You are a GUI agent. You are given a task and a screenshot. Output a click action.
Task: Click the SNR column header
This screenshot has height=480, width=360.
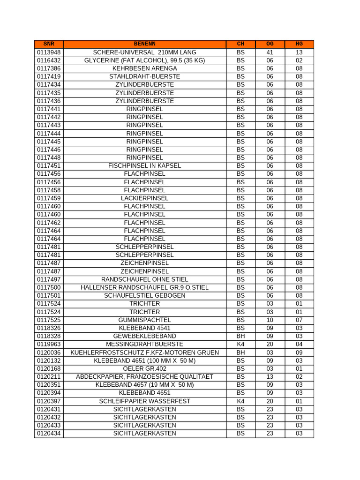click(x=48, y=44)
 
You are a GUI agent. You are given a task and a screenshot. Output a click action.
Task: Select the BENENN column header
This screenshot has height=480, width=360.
click(x=144, y=44)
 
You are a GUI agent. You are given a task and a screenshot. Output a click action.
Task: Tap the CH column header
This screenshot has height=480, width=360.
click(x=240, y=44)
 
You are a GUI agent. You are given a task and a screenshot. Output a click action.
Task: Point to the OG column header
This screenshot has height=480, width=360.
click(x=270, y=44)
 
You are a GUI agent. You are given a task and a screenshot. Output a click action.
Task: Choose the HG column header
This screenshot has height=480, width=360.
click(x=299, y=44)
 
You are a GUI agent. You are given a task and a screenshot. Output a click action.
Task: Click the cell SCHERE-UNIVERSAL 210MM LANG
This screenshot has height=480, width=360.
click(x=144, y=52)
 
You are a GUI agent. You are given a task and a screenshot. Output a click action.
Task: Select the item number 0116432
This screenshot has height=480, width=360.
click(x=48, y=60)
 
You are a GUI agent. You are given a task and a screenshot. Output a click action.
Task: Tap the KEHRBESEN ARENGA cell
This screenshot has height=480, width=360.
click(x=144, y=68)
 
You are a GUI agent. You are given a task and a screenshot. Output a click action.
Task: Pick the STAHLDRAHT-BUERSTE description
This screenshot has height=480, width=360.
click(x=144, y=76)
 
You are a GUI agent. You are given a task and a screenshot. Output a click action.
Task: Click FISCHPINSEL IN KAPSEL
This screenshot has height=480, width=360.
click(x=144, y=165)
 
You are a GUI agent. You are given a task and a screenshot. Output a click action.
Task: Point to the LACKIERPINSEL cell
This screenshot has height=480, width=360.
click(x=144, y=198)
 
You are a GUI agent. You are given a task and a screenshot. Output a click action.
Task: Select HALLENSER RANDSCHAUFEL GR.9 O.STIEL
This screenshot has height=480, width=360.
click(x=144, y=287)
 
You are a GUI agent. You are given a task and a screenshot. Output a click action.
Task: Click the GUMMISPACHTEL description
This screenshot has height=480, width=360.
click(x=144, y=320)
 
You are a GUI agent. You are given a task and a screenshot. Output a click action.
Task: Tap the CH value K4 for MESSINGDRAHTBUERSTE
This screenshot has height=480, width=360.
click(x=240, y=344)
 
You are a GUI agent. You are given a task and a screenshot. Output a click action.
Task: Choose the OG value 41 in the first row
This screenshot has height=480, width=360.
click(x=270, y=52)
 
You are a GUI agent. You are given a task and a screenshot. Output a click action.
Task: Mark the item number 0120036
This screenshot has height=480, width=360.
click(x=48, y=352)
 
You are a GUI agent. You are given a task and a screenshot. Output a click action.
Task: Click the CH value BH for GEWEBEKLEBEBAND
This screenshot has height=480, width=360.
click(x=240, y=336)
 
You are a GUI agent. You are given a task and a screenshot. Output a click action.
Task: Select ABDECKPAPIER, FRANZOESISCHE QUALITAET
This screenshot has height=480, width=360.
click(x=144, y=377)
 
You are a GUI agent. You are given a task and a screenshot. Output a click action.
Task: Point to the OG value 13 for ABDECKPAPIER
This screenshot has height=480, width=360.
click(x=270, y=377)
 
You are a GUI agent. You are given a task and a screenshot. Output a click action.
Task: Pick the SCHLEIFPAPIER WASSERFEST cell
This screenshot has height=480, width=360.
click(x=144, y=401)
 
